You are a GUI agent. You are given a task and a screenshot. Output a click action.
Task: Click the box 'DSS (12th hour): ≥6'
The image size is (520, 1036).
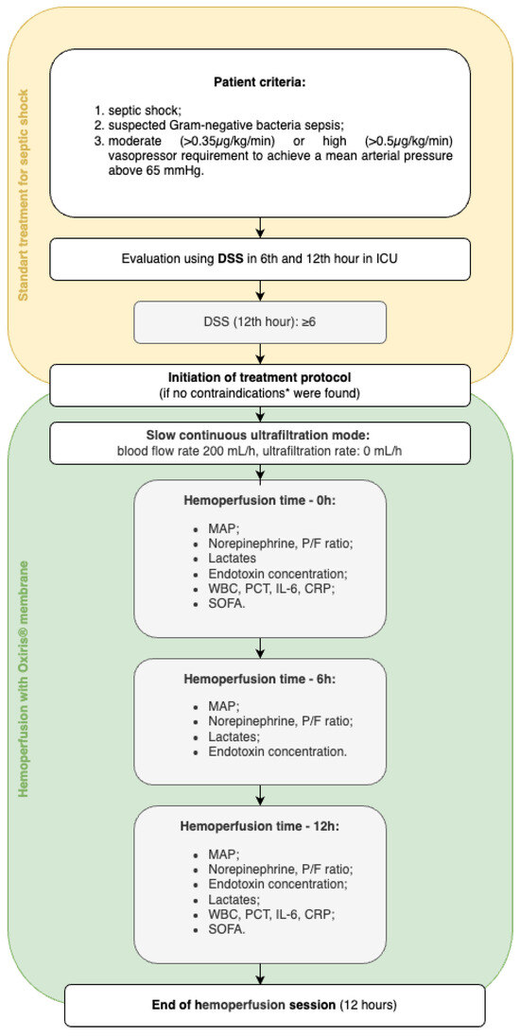(x=260, y=322)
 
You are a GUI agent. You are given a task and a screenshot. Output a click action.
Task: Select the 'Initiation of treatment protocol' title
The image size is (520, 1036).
(x=260, y=375)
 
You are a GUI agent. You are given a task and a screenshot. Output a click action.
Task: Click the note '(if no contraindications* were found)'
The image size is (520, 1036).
(x=260, y=390)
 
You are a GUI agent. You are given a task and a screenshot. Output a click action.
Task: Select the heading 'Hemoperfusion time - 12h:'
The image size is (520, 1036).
(x=260, y=824)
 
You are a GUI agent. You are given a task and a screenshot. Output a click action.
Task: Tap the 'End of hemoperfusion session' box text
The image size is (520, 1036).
(x=260, y=1004)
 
